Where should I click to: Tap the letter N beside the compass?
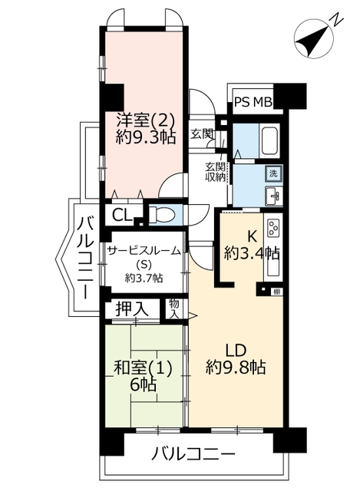click(337, 18)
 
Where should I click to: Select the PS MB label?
click(253, 102)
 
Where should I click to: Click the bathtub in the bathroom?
click(269, 140)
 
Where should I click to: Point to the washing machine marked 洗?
click(274, 174)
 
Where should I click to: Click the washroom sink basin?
click(274, 196)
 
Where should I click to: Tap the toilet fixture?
click(162, 215)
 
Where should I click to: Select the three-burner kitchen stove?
click(273, 228)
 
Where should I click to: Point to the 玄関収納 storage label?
click(215, 172)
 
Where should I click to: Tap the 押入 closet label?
click(131, 309)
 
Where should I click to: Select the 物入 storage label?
click(174, 308)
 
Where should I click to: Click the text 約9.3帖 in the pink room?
click(146, 137)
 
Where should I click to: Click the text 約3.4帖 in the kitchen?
click(251, 253)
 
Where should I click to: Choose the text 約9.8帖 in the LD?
click(236, 367)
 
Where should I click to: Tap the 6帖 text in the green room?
click(143, 384)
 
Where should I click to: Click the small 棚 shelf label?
click(276, 292)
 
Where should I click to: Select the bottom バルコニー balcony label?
click(193, 453)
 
